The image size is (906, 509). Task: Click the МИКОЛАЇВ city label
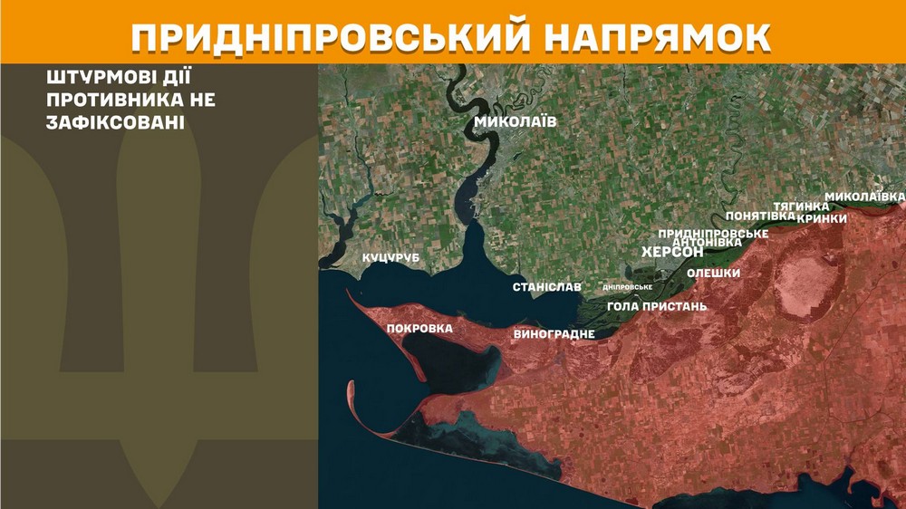coord(515,121)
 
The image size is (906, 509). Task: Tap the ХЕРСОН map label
coord(672,252)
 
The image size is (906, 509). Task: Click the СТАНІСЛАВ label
coord(547,287)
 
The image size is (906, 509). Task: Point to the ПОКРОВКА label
coord(419,328)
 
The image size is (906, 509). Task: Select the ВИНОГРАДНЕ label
coord(554,334)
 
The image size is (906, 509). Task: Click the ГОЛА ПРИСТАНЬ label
coord(657,306)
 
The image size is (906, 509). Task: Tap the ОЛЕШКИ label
coord(713,273)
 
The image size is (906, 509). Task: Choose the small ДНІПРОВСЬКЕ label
coord(628,287)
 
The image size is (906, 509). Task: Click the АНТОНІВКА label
coord(708,242)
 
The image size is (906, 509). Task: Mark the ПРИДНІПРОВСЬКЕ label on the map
coord(713,233)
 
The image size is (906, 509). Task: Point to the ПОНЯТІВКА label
coord(760,216)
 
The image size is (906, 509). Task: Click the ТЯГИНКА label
coord(802,206)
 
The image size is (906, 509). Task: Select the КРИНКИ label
coord(822,218)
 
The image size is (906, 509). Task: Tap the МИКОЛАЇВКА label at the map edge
coord(864,197)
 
